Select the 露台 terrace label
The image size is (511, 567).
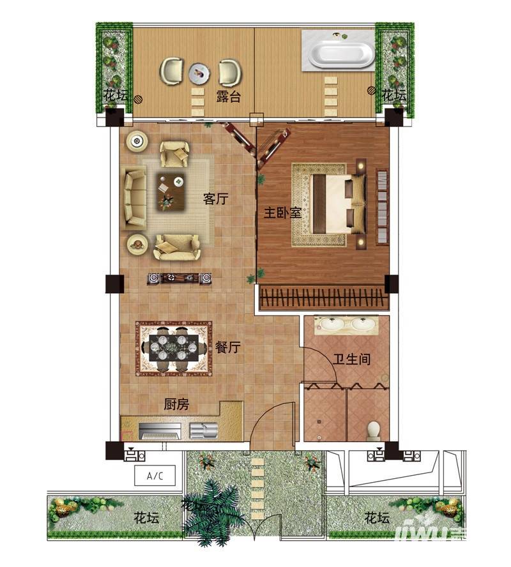tap(228, 96)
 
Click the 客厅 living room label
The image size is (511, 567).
tap(215, 199)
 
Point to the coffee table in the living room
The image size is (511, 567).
tap(171, 192)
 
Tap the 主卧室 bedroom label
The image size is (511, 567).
tap(282, 212)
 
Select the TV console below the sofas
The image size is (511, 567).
tap(179, 278)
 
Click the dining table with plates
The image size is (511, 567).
tap(174, 348)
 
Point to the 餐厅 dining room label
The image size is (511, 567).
tap(228, 347)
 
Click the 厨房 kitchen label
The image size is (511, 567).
tap(176, 404)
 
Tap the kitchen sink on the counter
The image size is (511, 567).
tap(204, 430)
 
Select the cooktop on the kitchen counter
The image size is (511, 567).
tap(160, 431)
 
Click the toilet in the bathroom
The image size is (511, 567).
tap(374, 430)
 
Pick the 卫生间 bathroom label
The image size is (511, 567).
tap(351, 359)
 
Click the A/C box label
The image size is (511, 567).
tap(155, 476)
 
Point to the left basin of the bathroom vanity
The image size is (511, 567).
tap(331, 324)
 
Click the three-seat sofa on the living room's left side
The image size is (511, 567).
tap(133, 198)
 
